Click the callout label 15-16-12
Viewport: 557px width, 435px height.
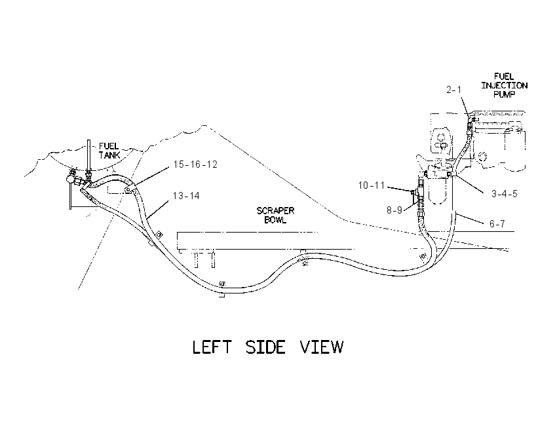195,164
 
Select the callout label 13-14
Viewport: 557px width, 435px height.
186,196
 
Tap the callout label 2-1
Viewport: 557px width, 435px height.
453,90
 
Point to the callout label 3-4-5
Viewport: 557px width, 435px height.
504,194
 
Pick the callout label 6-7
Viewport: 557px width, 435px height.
497,223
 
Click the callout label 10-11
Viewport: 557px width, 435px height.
371,185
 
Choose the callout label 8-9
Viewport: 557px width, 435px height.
394,210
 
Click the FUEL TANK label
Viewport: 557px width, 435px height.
109,151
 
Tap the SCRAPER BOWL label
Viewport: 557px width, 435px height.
275,215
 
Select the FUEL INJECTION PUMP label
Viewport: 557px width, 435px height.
504,85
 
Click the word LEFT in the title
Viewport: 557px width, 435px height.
212,347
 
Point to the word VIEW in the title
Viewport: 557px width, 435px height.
322,347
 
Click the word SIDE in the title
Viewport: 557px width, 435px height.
265,347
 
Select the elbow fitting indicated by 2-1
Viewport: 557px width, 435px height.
471,122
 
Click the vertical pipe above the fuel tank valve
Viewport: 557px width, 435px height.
87,155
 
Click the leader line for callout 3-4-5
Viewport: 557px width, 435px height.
469,184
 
